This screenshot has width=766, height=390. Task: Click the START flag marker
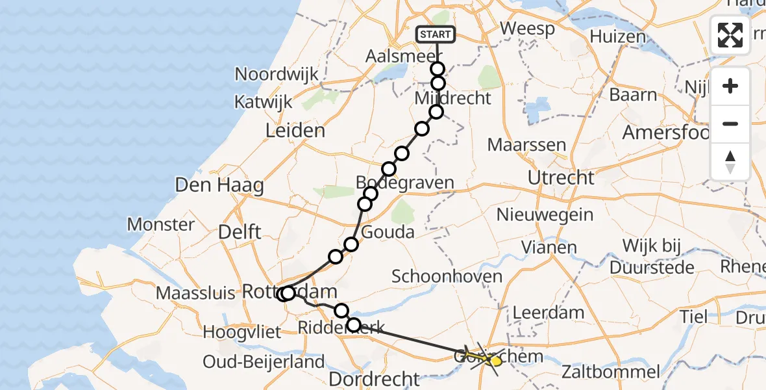tap(437, 34)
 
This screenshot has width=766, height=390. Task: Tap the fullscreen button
tap(730, 35)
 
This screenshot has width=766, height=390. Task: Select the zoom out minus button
tap(730, 123)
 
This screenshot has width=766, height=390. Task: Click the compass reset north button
tap(730, 162)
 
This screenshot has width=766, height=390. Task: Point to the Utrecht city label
tap(560, 177)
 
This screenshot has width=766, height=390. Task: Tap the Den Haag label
tap(219, 186)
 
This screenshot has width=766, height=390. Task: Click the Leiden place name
tap(295, 131)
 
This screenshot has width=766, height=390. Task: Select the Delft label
tap(240, 231)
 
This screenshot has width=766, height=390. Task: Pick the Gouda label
tap(389, 232)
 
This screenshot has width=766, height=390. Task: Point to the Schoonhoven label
tap(447, 276)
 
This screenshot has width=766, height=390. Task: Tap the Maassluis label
tap(195, 293)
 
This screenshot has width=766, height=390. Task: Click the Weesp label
tap(528, 29)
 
